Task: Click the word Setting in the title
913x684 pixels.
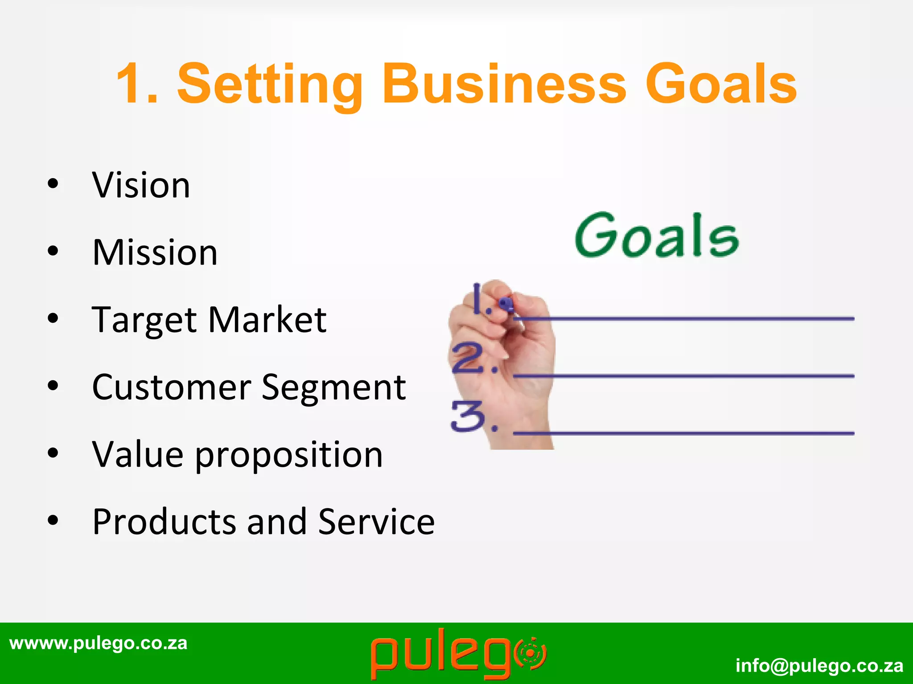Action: click(270, 85)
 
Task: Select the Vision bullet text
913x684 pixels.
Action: click(141, 185)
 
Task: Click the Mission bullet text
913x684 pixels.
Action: click(155, 252)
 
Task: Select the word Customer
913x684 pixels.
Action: click(172, 387)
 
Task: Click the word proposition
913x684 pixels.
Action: click(289, 456)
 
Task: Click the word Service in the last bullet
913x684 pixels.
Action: click(376, 522)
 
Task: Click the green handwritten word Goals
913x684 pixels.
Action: click(656, 236)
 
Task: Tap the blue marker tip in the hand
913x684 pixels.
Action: click(506, 304)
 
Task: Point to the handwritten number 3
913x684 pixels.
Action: click(467, 416)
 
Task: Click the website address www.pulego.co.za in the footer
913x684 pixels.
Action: click(98, 643)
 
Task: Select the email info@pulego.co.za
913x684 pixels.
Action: click(819, 666)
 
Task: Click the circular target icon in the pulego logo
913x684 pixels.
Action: click(530, 654)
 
